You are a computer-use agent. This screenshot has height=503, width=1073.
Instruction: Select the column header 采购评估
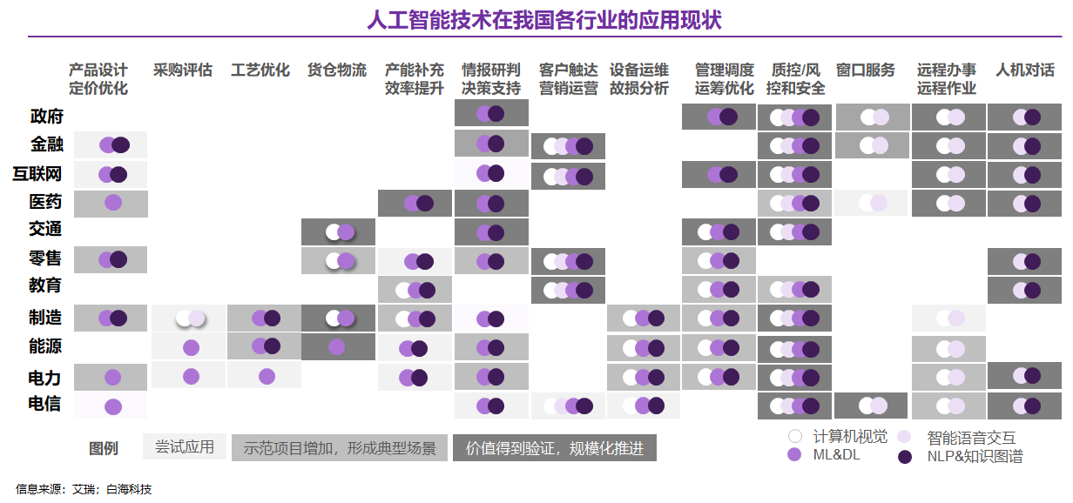(x=183, y=70)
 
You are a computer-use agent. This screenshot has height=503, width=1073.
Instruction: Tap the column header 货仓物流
(x=337, y=70)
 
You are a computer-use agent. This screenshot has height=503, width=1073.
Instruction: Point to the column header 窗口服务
(x=865, y=70)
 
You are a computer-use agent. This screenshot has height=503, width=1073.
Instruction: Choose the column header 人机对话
(x=1025, y=70)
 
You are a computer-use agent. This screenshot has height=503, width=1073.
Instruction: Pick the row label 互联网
(x=37, y=174)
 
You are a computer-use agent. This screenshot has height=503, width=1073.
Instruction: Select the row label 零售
(x=46, y=258)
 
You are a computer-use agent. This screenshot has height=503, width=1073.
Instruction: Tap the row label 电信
(x=44, y=403)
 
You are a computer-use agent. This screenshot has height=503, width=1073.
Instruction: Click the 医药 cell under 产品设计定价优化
(x=111, y=203)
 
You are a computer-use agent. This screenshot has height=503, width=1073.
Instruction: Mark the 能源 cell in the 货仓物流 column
(x=338, y=346)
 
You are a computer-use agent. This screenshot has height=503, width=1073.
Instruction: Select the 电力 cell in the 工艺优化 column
(x=266, y=376)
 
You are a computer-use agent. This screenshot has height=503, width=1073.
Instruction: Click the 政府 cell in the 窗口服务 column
(x=873, y=117)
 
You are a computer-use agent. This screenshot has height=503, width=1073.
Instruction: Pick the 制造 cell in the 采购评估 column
(x=189, y=319)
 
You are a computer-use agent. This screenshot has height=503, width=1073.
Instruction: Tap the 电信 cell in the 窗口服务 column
(x=872, y=406)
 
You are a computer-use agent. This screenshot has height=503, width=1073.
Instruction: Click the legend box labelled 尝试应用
(x=184, y=447)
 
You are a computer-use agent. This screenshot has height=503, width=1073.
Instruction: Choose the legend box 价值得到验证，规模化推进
(x=554, y=447)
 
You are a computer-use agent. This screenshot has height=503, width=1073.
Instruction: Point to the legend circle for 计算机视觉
(x=793, y=437)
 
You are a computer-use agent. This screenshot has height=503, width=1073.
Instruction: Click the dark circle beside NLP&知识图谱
(x=905, y=456)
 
